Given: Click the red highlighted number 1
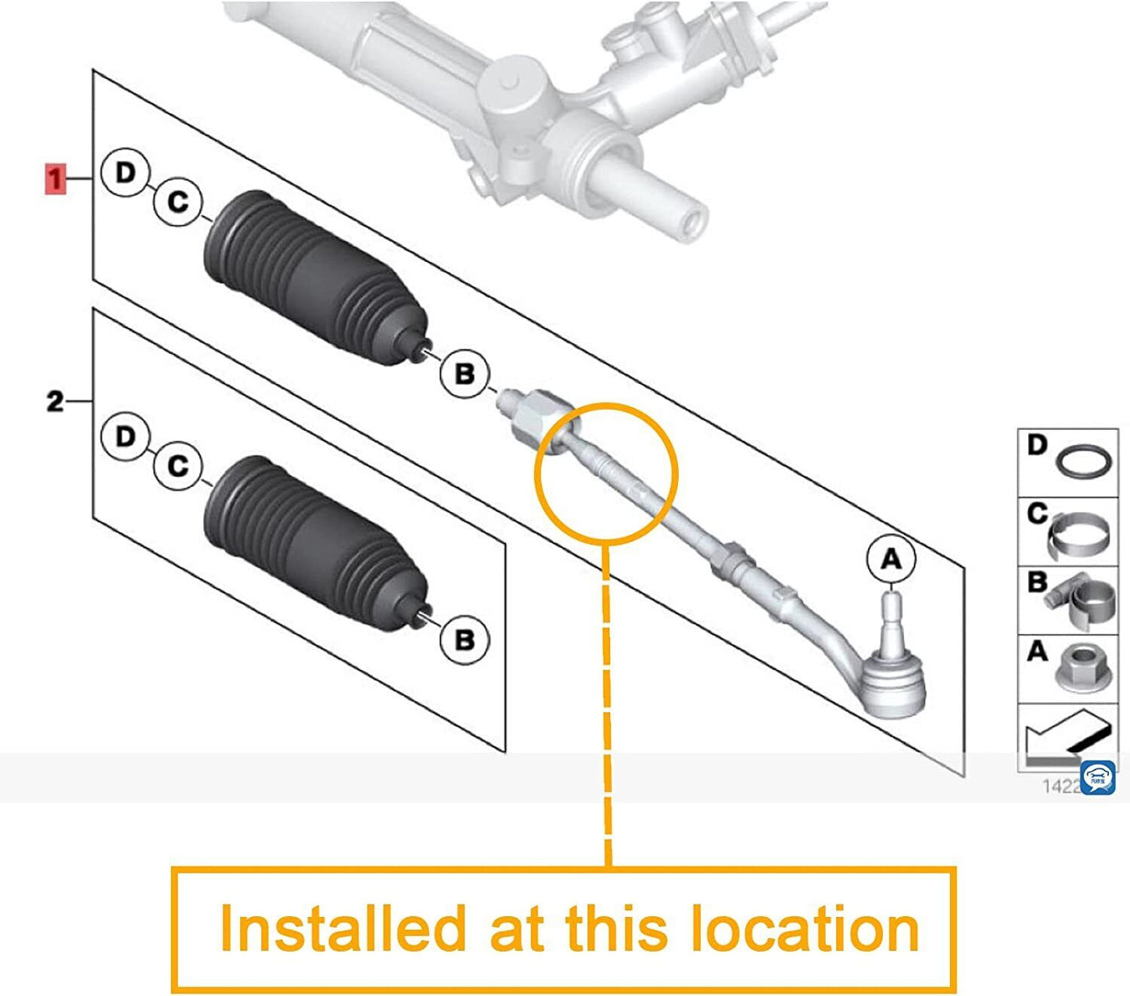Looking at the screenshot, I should tap(55, 179).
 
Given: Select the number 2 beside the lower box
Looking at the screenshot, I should tap(54, 402).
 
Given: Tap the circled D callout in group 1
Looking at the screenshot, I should tap(125, 173).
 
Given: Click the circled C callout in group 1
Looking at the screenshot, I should tap(178, 202).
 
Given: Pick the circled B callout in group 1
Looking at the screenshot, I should tap(464, 374).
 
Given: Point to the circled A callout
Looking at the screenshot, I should tap(891, 559).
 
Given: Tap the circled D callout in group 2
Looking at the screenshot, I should tap(125, 436).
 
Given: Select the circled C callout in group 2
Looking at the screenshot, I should tap(178, 466).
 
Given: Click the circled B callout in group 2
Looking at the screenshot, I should tap(464, 640).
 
